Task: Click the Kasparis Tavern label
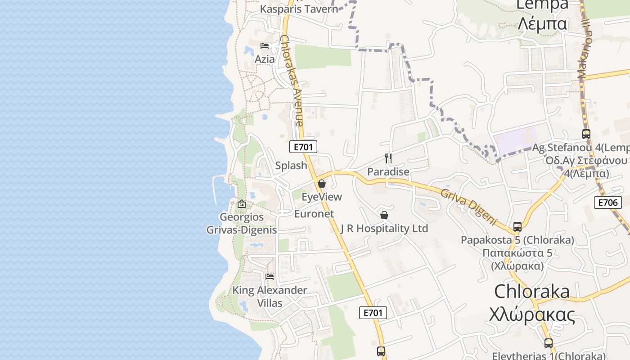(x=299, y=9)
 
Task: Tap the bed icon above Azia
(x=265, y=46)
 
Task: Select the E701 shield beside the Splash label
(x=303, y=147)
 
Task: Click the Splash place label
(x=291, y=166)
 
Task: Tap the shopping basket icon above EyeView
(x=322, y=184)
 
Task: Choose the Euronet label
(x=314, y=214)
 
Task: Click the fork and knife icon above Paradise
(x=388, y=158)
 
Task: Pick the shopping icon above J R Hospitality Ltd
(x=384, y=215)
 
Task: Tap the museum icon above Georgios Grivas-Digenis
(x=242, y=204)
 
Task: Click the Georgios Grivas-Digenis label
(x=242, y=223)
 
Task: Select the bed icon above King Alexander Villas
(x=270, y=276)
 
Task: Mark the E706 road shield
(x=607, y=202)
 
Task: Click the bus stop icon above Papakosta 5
(x=517, y=227)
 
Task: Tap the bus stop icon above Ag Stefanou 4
(x=586, y=134)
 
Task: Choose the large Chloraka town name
(x=532, y=292)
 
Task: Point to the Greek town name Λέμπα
(x=542, y=23)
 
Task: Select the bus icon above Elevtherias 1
(x=548, y=343)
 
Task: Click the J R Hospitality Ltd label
(x=384, y=229)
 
